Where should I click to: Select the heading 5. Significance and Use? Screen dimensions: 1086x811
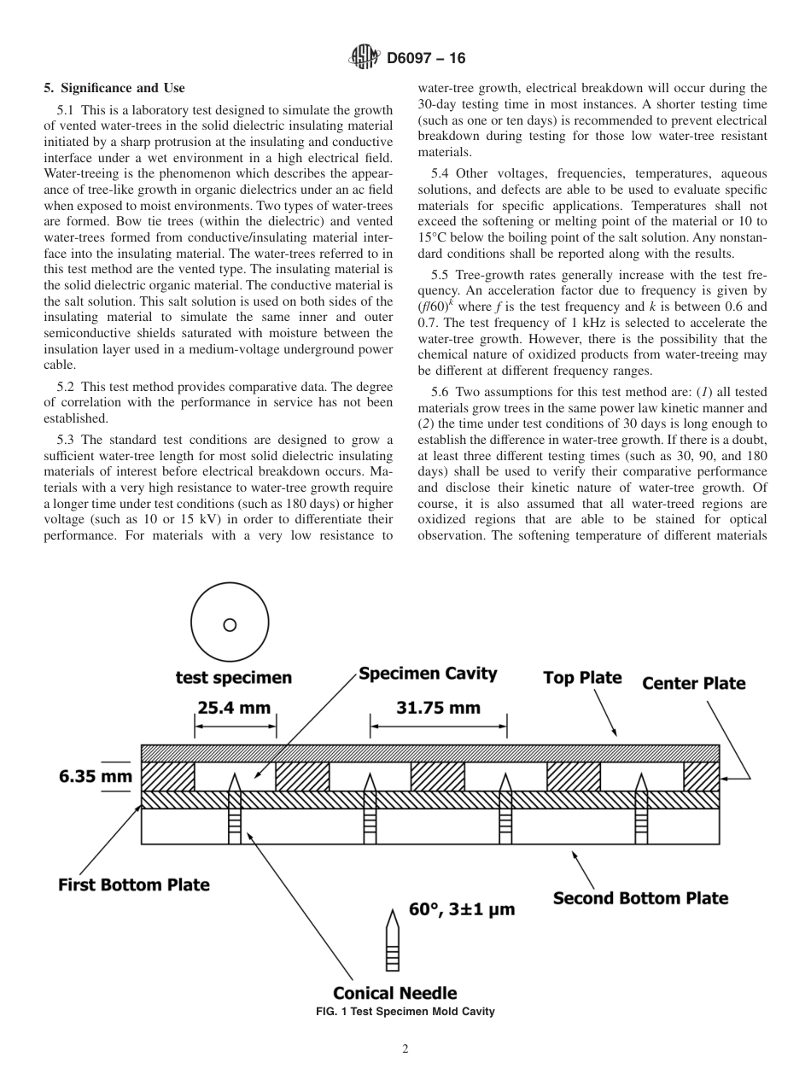point(114,88)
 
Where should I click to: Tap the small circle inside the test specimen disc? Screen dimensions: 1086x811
point(230,625)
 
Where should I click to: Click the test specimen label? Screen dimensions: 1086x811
point(233,678)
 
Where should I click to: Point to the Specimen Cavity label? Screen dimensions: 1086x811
point(428,674)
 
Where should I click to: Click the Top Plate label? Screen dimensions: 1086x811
point(582,678)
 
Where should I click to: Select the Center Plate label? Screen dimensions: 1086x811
point(693,683)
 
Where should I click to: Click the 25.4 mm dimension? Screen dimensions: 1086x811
point(234,708)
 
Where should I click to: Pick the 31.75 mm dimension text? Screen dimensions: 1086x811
point(438,708)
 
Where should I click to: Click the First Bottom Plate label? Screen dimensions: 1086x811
point(133,885)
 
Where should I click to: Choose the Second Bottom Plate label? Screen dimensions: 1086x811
point(640,897)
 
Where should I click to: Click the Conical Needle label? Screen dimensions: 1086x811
point(394,993)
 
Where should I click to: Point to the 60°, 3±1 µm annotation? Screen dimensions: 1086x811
point(462,909)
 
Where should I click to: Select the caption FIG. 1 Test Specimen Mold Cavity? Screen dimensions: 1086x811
point(405,1012)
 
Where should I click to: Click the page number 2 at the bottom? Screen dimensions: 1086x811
point(405,1050)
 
